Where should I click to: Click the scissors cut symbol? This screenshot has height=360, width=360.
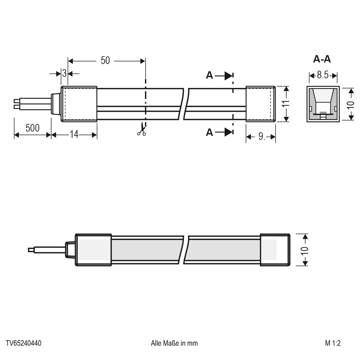(142, 129)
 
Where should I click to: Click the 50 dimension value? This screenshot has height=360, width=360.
(105, 60)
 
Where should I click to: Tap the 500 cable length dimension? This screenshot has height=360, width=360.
(32, 128)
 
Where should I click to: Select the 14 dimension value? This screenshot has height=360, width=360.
(74, 134)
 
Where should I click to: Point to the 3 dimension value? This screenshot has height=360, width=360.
(64, 73)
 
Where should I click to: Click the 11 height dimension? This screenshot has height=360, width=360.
(286, 104)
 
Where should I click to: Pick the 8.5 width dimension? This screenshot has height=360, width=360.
(323, 75)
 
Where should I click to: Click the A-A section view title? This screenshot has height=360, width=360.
(322, 59)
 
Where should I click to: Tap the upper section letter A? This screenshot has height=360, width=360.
(209, 75)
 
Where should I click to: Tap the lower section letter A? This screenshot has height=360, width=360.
(209, 132)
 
